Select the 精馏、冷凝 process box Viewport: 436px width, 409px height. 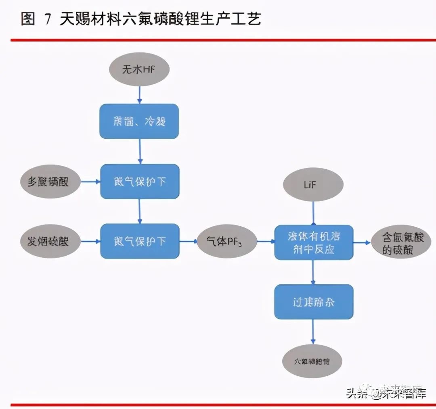point(139,121)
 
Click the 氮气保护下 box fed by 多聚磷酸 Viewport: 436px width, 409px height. point(139,182)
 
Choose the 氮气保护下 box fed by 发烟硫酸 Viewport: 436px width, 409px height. point(139,241)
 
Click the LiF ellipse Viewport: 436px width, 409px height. point(313,185)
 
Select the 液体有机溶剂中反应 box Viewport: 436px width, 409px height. point(313,242)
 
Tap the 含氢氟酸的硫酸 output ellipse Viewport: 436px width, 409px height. point(397,243)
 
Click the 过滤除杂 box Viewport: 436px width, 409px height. point(313,302)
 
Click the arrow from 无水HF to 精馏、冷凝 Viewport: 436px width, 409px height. point(139,95)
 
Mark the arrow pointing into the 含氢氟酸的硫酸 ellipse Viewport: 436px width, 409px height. point(362,242)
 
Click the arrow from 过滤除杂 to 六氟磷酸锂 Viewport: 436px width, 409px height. point(313,332)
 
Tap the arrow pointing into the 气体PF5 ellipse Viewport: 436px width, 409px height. point(188,241)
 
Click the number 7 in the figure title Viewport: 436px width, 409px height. point(48,19)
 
